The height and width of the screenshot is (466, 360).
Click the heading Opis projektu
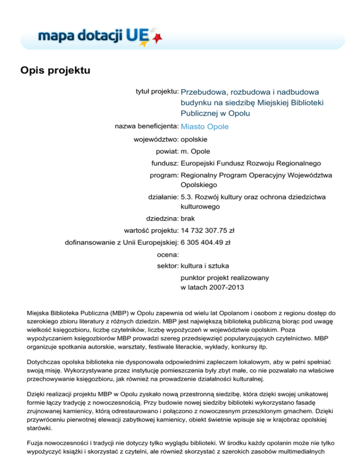click(x=55, y=71)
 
